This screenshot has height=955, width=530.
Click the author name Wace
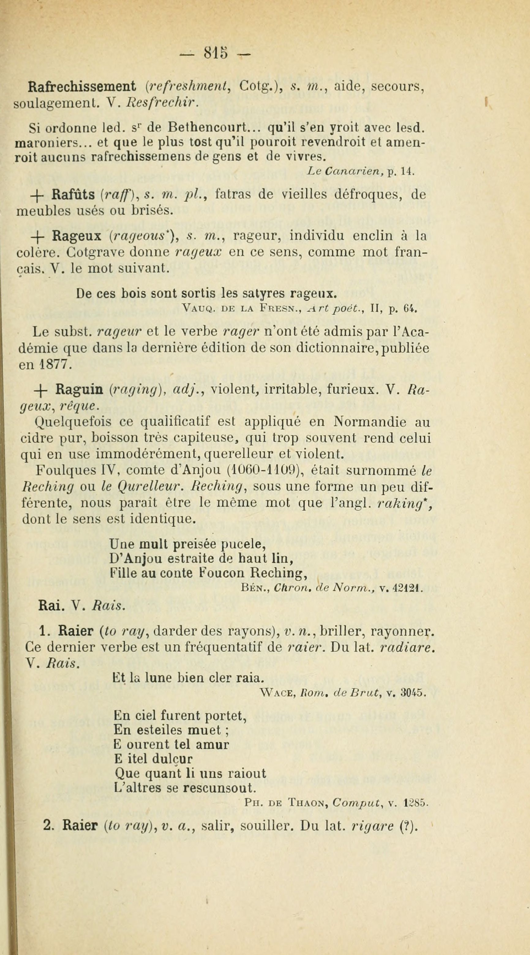[x=277, y=692]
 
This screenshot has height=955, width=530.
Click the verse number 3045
[x=413, y=692]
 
